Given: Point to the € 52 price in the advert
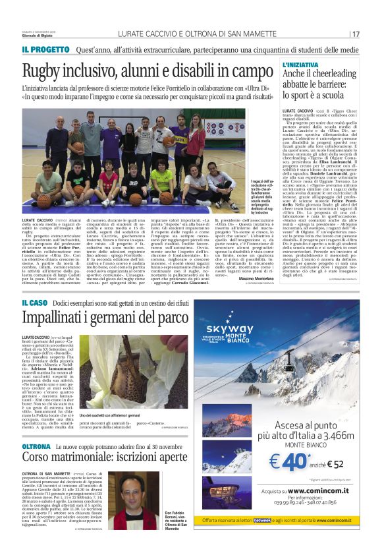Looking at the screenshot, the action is pyautogui.click(x=333, y=464).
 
